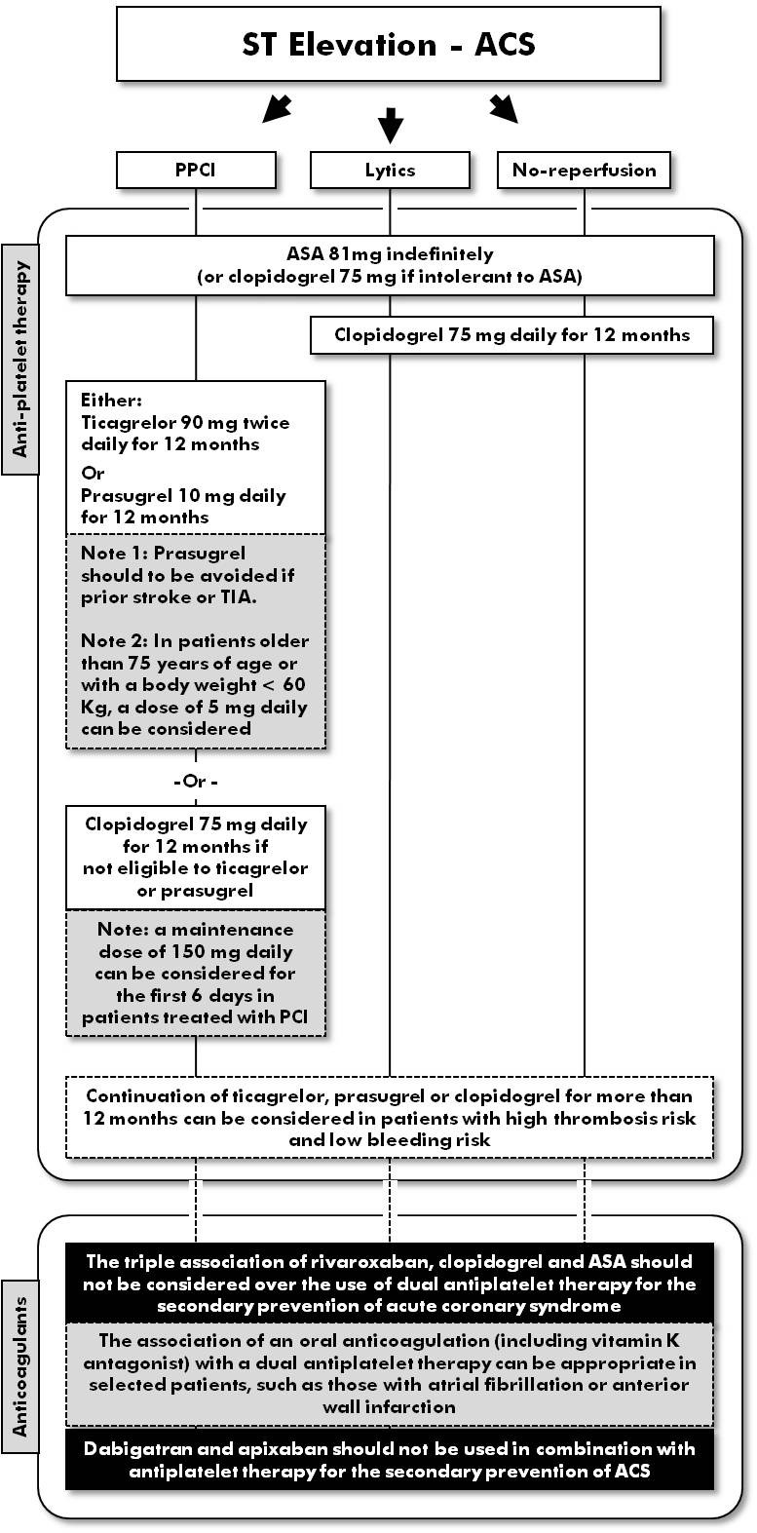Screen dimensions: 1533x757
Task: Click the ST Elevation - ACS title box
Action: [389, 44]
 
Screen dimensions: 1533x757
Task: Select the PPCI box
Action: [195, 170]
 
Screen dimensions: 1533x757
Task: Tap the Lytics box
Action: [390, 170]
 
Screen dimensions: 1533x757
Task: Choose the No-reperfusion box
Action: [585, 170]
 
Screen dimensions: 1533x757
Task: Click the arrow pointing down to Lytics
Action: [390, 124]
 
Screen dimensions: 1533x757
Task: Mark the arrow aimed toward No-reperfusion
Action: [504, 109]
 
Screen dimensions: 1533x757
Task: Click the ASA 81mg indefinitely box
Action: [389, 264]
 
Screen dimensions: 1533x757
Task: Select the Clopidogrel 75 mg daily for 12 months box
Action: [511, 335]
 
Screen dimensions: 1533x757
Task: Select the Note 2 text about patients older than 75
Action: [195, 684]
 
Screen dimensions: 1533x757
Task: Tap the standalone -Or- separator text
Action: [195, 782]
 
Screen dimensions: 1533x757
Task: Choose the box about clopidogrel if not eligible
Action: [195, 857]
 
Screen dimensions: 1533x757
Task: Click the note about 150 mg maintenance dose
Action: [195, 973]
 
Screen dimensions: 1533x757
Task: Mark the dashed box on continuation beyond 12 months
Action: [389, 1117]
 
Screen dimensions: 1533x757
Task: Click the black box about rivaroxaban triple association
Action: [389, 1283]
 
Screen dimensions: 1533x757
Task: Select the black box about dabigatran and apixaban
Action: [389, 1459]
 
